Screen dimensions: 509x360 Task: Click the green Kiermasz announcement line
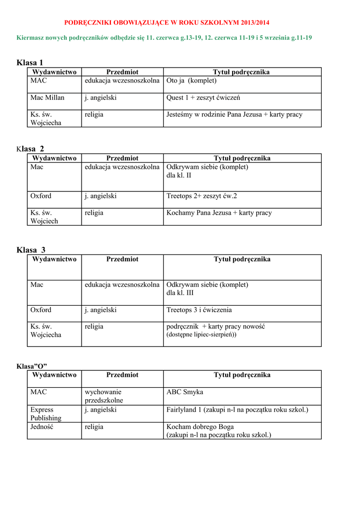[164, 38]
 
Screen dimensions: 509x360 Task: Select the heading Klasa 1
[30, 63]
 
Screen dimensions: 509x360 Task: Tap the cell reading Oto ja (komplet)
[191, 81]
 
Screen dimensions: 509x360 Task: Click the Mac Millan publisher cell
[47, 98]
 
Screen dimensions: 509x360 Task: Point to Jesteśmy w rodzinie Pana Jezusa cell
[234, 115]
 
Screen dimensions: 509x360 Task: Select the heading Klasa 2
[30, 149]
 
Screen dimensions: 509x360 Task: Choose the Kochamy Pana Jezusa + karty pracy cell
[219, 213]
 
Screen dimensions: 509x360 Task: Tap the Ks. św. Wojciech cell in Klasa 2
[44, 217]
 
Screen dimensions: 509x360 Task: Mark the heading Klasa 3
[31, 250]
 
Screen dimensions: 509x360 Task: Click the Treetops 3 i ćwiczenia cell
[199, 310]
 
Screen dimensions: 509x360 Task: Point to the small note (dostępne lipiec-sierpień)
[201, 335]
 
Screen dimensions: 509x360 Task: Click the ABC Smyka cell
[184, 392]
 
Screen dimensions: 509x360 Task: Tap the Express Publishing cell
[46, 414]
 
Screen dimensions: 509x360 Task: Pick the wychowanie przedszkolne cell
[104, 396]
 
